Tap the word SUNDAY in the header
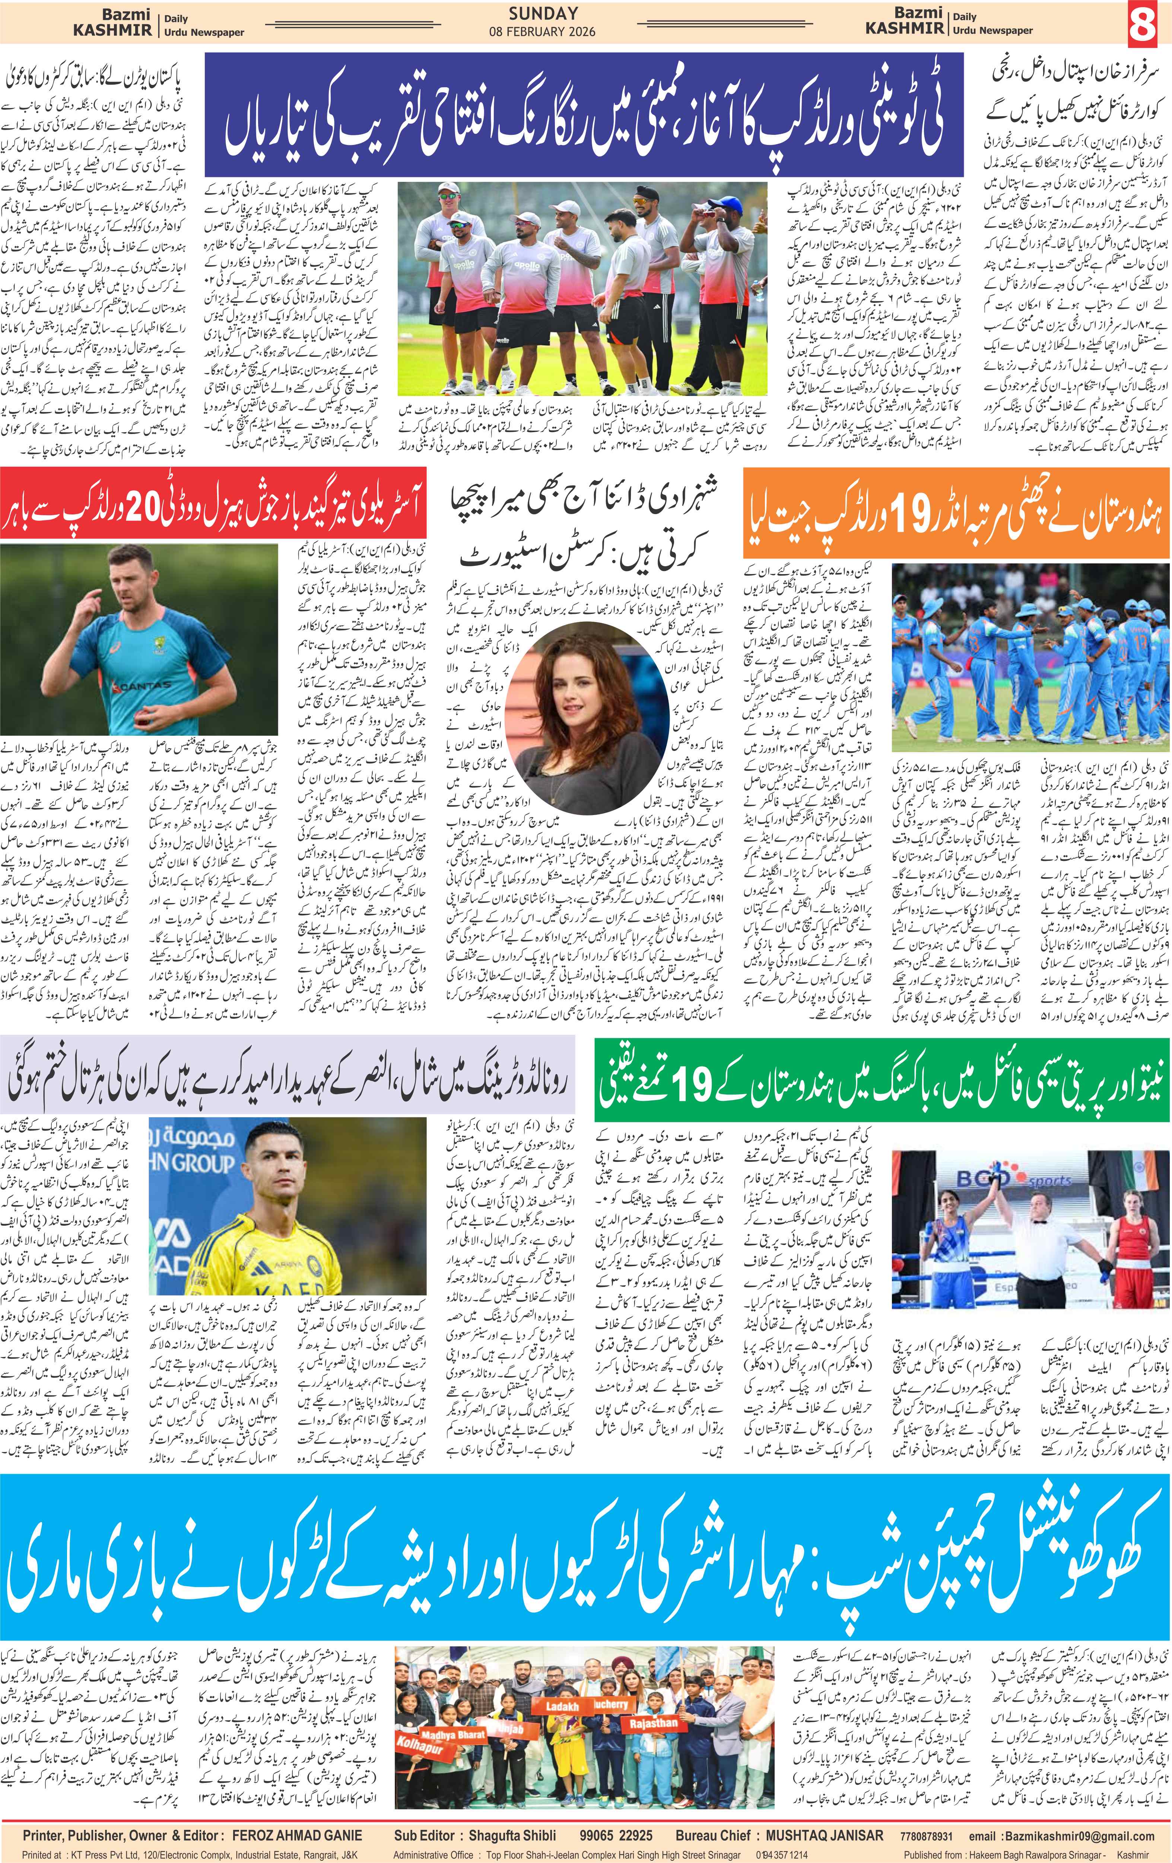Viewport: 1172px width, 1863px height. [x=543, y=13]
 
